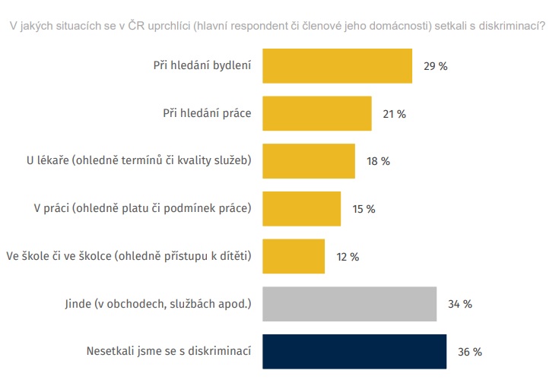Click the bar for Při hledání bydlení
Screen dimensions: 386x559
[x=337, y=66]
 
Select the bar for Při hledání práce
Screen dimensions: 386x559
[x=316, y=114]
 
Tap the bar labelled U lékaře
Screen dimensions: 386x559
[x=309, y=161]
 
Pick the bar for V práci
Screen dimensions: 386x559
[x=301, y=209]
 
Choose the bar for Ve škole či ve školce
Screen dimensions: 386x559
[x=294, y=256]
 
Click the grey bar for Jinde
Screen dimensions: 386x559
[x=349, y=304]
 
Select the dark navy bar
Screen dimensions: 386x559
[x=354, y=352]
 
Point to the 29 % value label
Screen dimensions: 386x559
[x=436, y=66]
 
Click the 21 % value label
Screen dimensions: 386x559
[x=395, y=114]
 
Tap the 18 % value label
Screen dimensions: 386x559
[x=378, y=162]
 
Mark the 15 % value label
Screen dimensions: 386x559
[x=364, y=209]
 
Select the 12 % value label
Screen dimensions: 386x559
[x=348, y=257]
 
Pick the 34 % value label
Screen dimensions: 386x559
[x=460, y=304]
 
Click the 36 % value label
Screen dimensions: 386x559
[x=470, y=352]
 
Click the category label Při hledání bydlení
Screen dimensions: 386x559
[x=202, y=66]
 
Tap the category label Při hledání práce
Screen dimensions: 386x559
[x=207, y=114]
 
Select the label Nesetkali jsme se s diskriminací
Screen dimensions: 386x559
[x=170, y=352]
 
